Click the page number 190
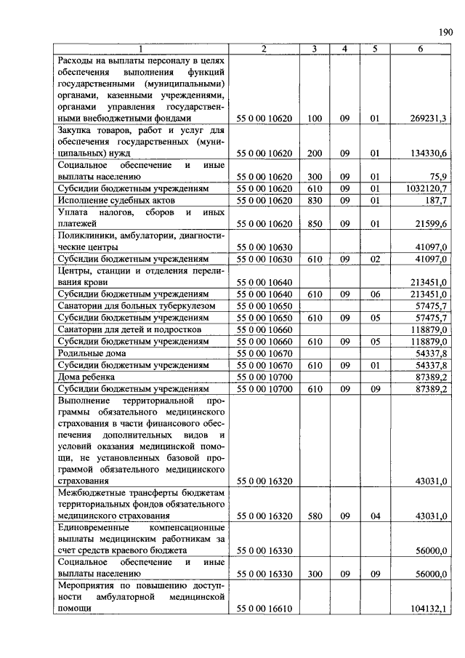445,31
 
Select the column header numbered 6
420,49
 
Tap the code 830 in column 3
315,199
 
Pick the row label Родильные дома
90,352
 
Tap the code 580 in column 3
315,516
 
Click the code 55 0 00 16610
264,609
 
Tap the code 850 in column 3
315,224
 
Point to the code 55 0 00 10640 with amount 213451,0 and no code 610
264,282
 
